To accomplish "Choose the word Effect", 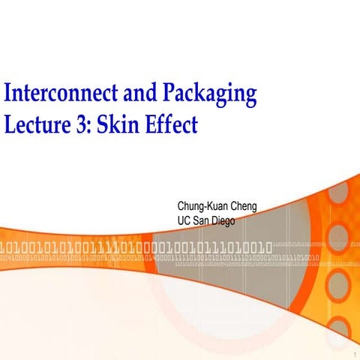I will pos(173,123).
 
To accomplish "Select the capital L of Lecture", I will pos(10,123).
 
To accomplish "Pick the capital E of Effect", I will pos(154,123).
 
